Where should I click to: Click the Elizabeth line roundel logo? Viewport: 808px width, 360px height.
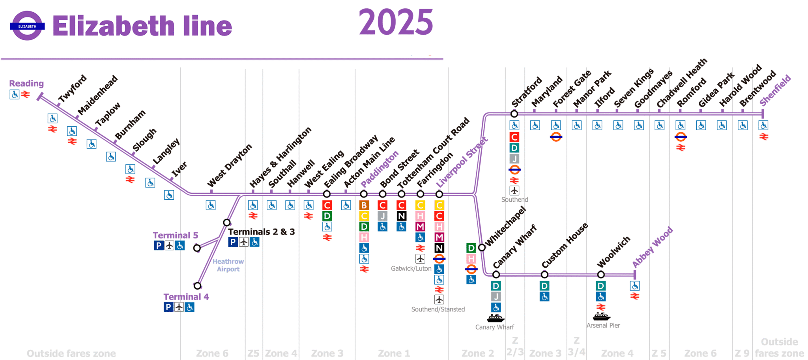(27, 26)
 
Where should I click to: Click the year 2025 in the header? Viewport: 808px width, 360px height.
(396, 22)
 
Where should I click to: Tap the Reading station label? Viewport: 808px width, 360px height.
(26, 83)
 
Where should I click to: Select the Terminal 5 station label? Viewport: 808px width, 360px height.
(175, 235)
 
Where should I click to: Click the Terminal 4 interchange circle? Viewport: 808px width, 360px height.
(197, 286)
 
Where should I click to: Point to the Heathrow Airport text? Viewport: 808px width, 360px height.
(228, 265)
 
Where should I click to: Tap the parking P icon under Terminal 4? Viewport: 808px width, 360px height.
(168, 307)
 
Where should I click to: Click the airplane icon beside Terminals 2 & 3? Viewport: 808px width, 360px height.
(244, 242)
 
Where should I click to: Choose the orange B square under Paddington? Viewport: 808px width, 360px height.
(364, 205)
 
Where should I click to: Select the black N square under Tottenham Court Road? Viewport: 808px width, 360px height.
(401, 216)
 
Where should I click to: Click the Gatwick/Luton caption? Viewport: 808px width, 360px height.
(411, 268)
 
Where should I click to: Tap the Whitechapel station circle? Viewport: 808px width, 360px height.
(482, 247)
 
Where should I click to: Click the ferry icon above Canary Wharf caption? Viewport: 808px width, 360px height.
(496, 318)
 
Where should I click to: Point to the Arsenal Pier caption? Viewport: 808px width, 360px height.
(603, 326)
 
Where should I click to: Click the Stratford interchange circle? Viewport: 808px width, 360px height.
(514, 114)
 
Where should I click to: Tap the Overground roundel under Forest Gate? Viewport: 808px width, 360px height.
(556, 137)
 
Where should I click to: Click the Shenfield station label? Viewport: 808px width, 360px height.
(775, 90)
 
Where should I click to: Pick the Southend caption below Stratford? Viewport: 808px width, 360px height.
(514, 200)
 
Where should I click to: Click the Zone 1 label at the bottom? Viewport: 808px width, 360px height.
(394, 353)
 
